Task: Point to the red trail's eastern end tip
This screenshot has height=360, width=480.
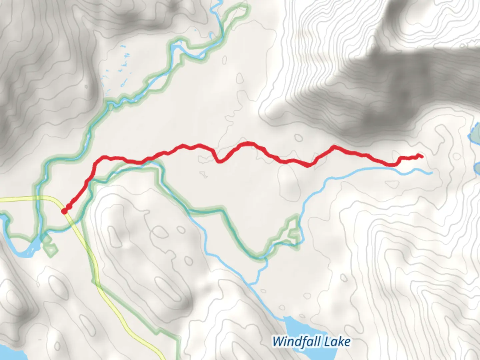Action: (422, 156)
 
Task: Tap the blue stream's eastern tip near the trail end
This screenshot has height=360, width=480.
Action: (432, 173)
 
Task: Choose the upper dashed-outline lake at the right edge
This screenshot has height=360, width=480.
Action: (476, 132)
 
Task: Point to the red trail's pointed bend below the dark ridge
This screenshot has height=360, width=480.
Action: (334, 146)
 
